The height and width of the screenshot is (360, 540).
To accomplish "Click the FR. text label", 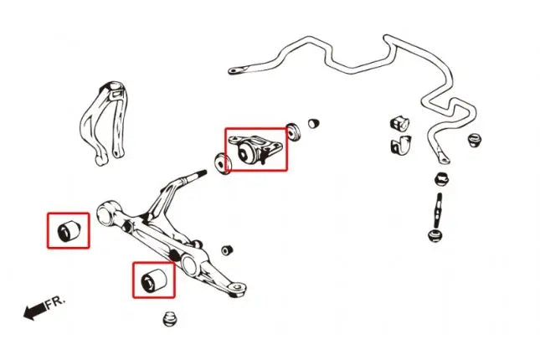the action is [x=55, y=302].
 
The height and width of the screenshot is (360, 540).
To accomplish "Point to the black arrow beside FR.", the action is [x=34, y=311].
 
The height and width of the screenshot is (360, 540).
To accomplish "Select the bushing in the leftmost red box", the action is [x=69, y=230].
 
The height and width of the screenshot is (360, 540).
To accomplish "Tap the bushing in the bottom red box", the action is [x=154, y=280].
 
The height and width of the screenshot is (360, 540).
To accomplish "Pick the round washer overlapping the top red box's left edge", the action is [x=223, y=163].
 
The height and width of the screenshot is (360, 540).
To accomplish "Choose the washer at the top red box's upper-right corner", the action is [x=293, y=131].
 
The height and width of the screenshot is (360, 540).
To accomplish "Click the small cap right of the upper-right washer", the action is [x=313, y=123].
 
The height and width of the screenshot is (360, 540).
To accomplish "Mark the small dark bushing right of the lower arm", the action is [x=227, y=250].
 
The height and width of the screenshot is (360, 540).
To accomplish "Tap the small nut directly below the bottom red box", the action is [x=169, y=319].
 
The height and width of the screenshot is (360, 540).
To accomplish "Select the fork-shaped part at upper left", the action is [x=103, y=122].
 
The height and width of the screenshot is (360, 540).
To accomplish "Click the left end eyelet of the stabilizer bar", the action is [x=235, y=71].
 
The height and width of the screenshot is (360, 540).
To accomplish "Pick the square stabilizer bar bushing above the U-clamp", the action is [x=399, y=123].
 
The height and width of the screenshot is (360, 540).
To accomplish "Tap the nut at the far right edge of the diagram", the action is [x=475, y=140].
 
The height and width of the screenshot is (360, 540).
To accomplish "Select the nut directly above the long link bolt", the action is [x=442, y=179].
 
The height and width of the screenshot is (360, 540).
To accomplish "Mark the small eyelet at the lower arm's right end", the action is [x=238, y=287].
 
